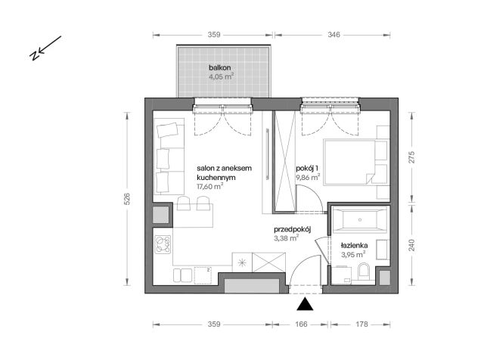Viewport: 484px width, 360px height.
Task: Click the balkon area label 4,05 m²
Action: pyautogui.click(x=221, y=76)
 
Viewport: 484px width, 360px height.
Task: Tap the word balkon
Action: pyautogui.click(x=221, y=67)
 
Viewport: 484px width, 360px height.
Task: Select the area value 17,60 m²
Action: pyautogui.click(x=209, y=186)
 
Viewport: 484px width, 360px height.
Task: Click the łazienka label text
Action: pyautogui.click(x=353, y=246)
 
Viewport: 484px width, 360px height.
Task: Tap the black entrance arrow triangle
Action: pyautogui.click(x=304, y=304)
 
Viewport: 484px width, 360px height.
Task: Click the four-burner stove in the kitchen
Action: pyautogui.click(x=163, y=245)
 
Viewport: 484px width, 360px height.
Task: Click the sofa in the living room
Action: pyautogui.click(x=168, y=157)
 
